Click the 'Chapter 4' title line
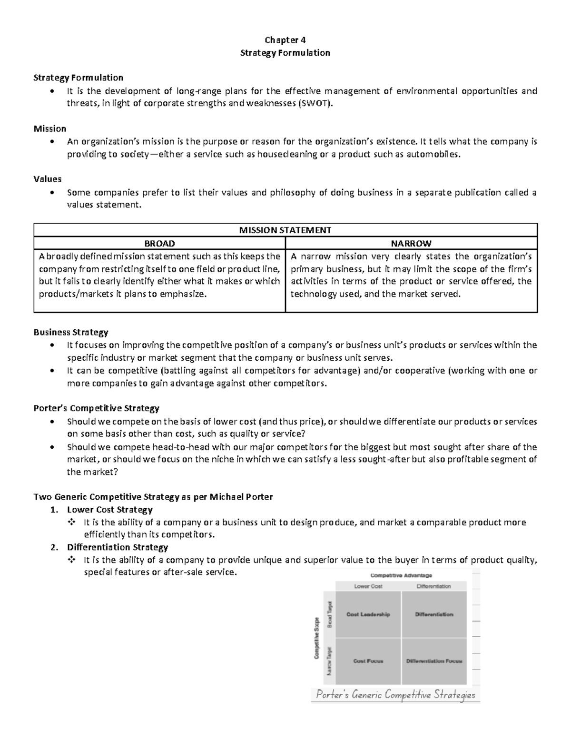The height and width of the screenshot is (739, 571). point(285,40)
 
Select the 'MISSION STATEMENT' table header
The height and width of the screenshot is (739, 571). point(285,230)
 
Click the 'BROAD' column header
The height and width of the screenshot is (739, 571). point(159,243)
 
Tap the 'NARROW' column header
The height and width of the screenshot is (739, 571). point(411,243)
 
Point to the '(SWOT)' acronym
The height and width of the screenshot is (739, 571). point(313,104)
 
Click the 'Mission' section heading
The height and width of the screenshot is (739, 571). point(49,128)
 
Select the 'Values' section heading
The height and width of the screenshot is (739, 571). point(47,179)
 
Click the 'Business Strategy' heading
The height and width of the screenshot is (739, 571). point(71,332)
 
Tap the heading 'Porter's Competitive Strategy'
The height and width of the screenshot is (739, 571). point(96,408)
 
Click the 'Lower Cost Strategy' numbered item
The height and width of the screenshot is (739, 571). point(109,510)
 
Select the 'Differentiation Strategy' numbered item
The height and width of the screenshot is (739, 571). point(117,547)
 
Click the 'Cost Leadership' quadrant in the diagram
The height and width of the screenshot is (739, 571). point(368,614)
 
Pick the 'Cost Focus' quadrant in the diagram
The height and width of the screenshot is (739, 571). point(368,661)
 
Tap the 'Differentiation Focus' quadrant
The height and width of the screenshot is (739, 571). point(434,661)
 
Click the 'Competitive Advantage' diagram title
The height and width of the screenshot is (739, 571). point(401,575)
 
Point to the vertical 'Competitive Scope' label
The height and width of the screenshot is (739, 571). point(316,638)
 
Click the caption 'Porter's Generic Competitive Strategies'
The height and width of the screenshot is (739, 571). point(395,694)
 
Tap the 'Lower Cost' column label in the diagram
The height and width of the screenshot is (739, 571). point(368,586)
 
